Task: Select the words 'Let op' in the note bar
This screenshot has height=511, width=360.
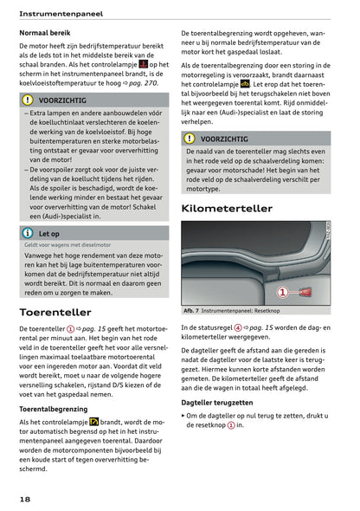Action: coord(49,233)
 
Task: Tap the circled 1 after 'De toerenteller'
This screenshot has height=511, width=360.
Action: coord(70,330)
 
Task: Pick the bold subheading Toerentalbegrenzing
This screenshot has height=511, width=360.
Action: coord(59,406)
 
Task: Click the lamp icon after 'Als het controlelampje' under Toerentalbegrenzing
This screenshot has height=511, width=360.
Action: coord(94,421)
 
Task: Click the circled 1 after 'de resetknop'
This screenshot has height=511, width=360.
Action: coord(230,425)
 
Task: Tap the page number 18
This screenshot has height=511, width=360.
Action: coord(26,500)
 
